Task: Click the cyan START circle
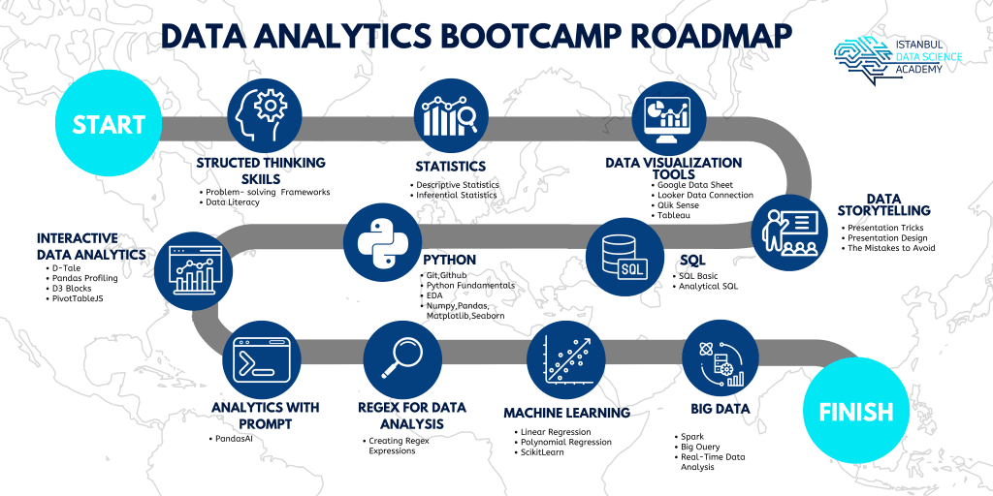click(108, 125)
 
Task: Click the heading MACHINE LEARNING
click(566, 413)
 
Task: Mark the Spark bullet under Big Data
click(690, 436)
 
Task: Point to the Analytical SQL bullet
click(712, 287)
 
